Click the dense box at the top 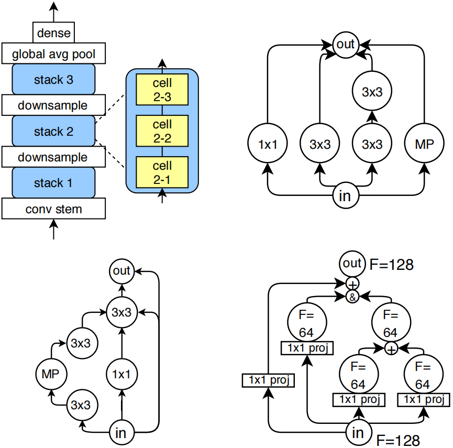tap(53, 32)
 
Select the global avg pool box tap(53, 53)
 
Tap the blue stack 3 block tap(53, 79)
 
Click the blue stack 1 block tap(53, 183)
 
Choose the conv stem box tap(53, 209)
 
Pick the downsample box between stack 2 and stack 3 tap(53, 105)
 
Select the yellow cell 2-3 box tap(162, 90)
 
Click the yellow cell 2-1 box tap(162, 172)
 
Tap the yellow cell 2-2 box tap(162, 131)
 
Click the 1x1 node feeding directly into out tap(268, 144)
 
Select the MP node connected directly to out tap(424, 144)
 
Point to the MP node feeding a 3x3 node tap(51, 374)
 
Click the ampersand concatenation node tap(352, 297)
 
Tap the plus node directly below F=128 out tap(352, 285)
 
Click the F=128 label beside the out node tap(391, 265)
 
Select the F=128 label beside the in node tap(398, 441)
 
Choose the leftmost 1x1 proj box tap(268, 380)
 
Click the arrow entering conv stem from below tap(54, 229)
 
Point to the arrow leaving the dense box tap(54, 12)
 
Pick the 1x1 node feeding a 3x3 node tap(121, 374)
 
